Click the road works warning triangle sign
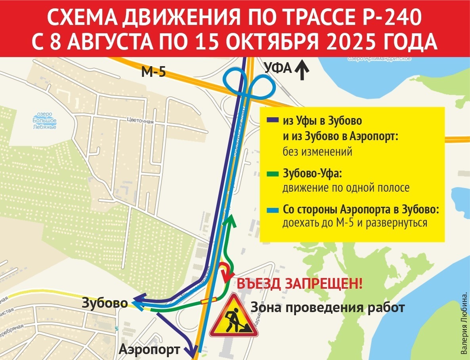(233, 317)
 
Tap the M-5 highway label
(153, 72)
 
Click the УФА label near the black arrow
(277, 69)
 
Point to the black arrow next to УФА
(302, 69)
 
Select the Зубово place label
(105, 303)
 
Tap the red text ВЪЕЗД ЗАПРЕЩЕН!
(299, 284)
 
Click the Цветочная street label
(140, 122)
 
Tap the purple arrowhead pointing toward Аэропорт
(192, 349)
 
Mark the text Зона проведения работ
(327, 307)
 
